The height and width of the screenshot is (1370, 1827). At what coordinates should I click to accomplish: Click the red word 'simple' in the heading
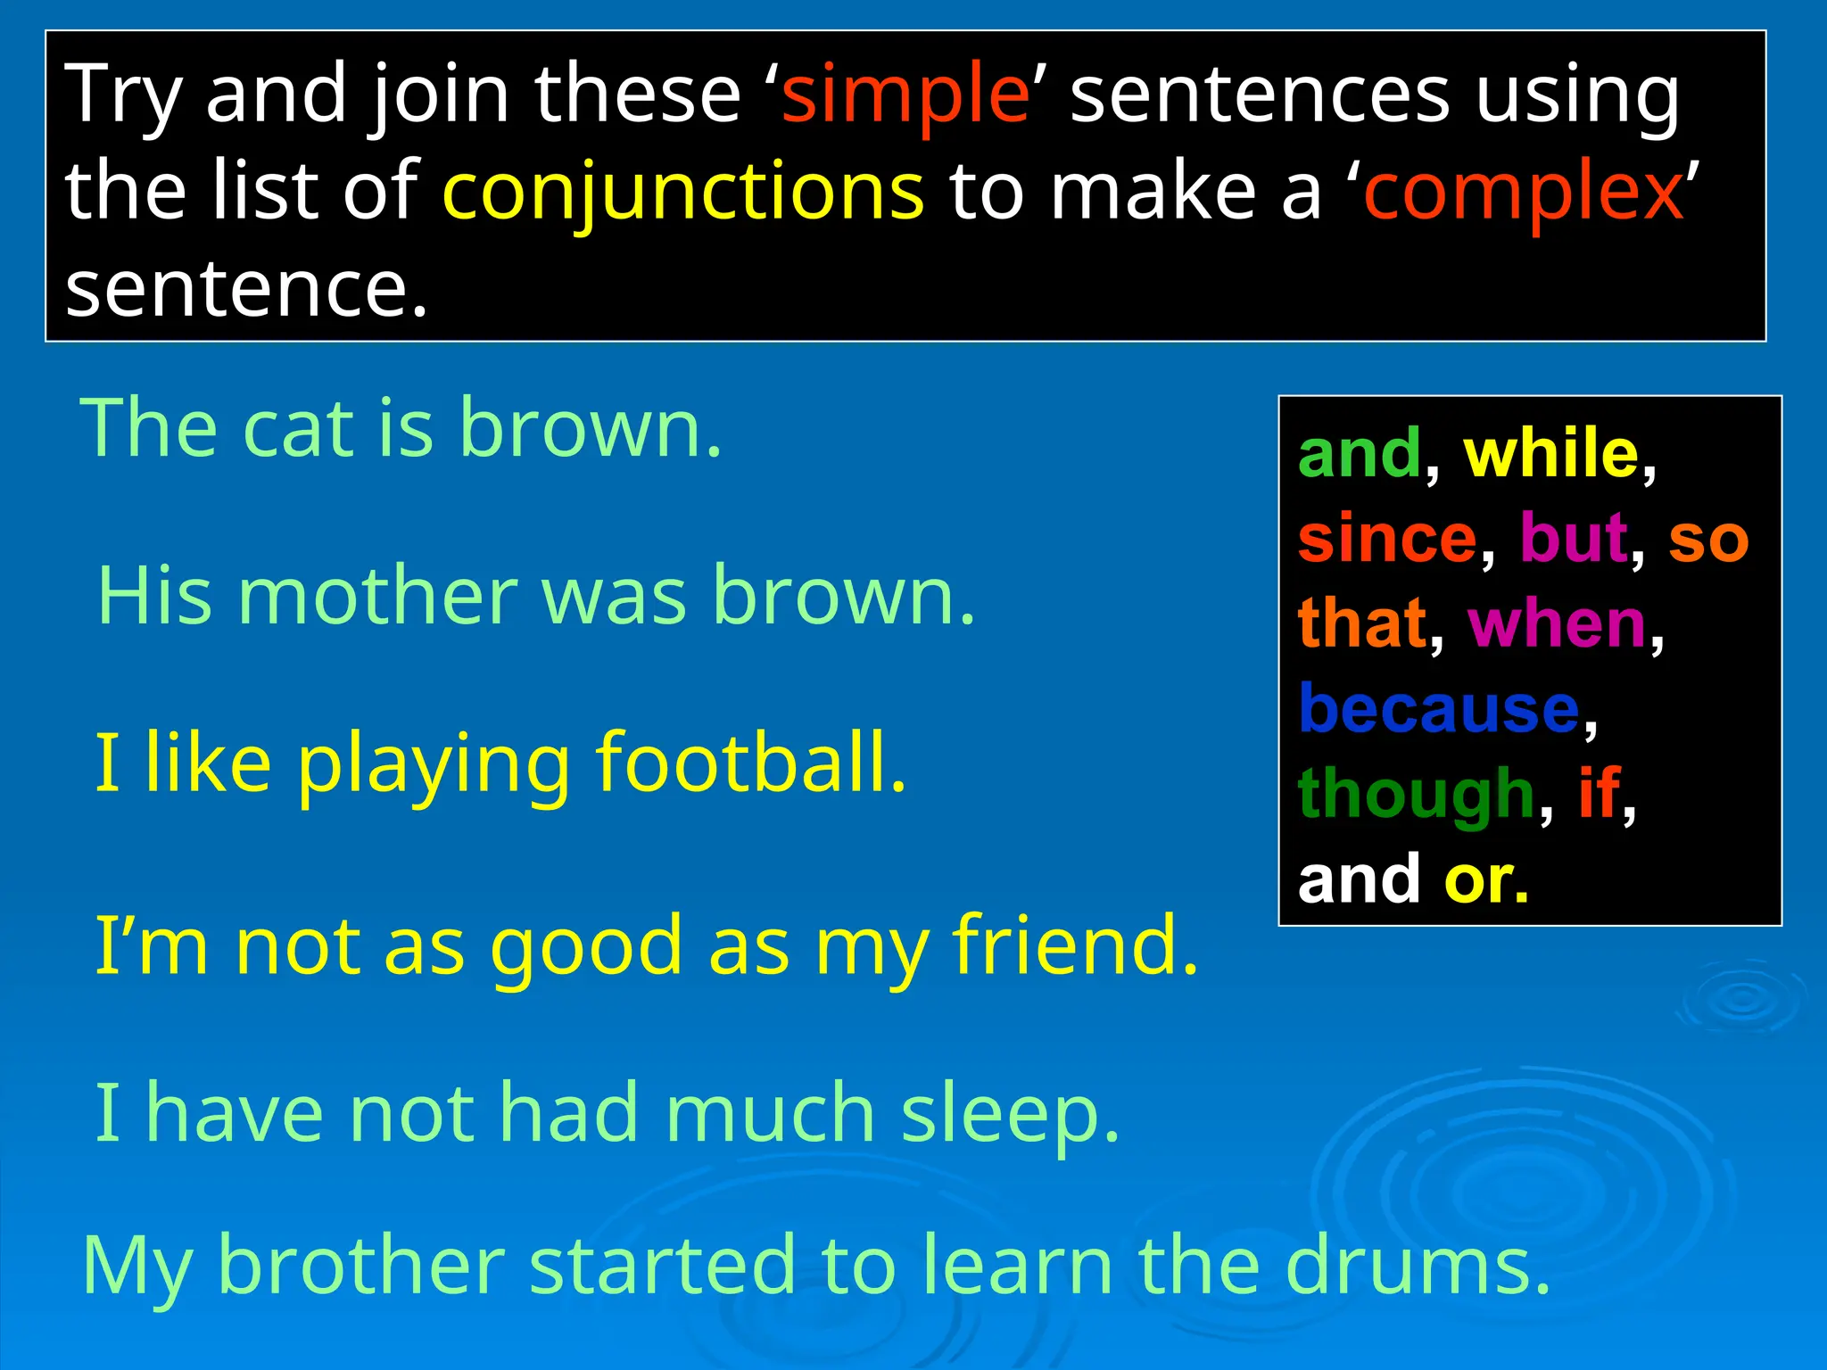pyautogui.click(x=905, y=95)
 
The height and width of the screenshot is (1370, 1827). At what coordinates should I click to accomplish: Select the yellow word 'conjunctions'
pyautogui.click(x=683, y=192)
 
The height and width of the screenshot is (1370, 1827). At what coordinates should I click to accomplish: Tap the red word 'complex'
pyautogui.click(x=1523, y=192)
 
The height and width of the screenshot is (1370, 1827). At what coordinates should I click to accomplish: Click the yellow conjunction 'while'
pyautogui.click(x=1551, y=454)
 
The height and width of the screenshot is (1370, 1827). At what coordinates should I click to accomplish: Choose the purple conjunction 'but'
pyautogui.click(x=1575, y=539)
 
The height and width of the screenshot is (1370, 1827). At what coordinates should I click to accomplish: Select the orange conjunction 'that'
pyautogui.click(x=1362, y=623)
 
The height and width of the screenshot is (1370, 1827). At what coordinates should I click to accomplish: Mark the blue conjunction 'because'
pyautogui.click(x=1439, y=709)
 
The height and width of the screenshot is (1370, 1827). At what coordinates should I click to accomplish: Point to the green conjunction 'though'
pyautogui.click(x=1416, y=794)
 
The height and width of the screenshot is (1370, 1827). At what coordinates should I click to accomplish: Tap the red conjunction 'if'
pyautogui.click(x=1599, y=792)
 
